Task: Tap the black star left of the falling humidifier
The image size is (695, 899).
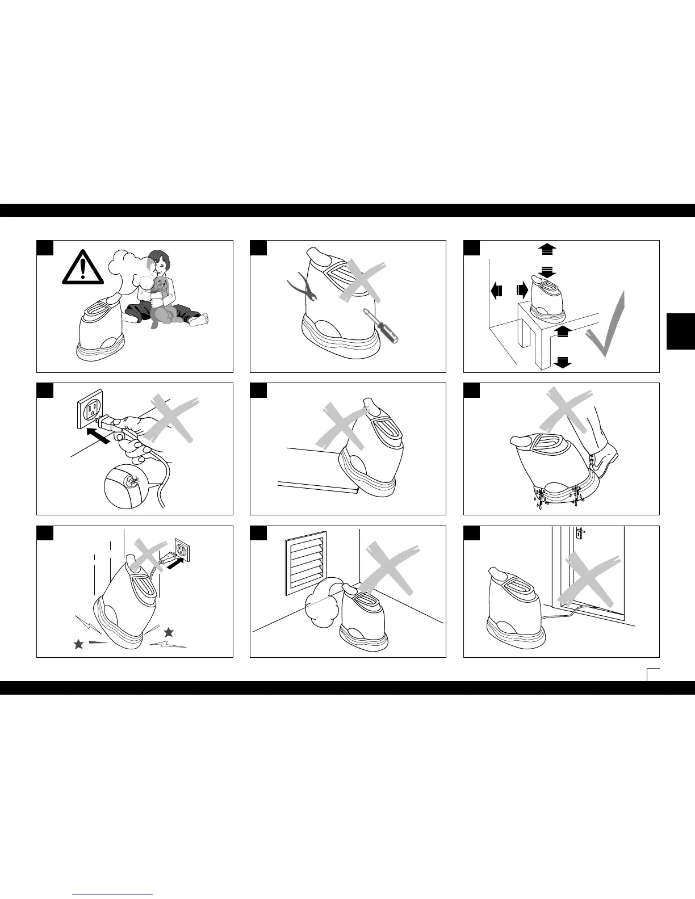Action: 78,644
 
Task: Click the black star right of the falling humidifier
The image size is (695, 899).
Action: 168,632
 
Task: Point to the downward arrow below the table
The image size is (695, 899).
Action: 562,362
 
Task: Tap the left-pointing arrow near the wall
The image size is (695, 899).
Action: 495,291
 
